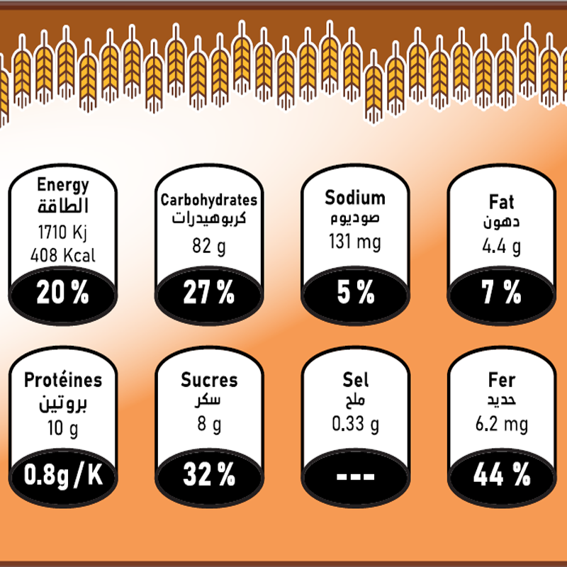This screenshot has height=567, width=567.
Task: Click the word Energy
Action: coord(63,186)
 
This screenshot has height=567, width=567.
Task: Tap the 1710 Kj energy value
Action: coord(63,232)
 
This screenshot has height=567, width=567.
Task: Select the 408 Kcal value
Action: coord(63,255)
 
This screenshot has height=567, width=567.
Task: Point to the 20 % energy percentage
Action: coord(63,293)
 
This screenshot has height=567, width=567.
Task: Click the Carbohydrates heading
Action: coord(208,200)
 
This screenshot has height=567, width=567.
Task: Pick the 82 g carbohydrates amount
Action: coord(208,245)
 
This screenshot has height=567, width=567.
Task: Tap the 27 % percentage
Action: coord(208,293)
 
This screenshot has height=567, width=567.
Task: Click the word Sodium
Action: coord(355,198)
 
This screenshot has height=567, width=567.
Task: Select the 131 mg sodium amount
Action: coord(354,242)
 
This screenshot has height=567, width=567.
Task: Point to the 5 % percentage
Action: coord(355,293)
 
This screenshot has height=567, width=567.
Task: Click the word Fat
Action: coord(501,202)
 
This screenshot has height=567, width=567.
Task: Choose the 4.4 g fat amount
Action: coord(501,247)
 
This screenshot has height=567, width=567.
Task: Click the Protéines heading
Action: coord(63,380)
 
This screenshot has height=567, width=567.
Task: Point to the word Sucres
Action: coord(209,380)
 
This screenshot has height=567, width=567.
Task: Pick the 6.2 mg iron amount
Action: coord(501,425)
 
